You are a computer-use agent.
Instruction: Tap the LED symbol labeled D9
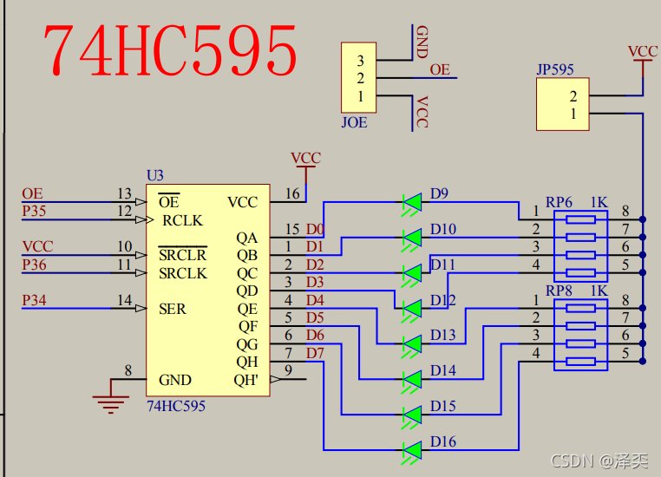pyautogui.click(x=412, y=202)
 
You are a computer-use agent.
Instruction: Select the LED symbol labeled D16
pyautogui.click(x=412, y=450)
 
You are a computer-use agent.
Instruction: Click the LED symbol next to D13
pyautogui.click(x=412, y=343)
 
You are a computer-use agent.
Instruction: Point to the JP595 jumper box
pyautogui.click(x=561, y=104)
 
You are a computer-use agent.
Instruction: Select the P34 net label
pyautogui.click(x=35, y=300)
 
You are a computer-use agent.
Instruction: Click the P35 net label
pyautogui.click(x=35, y=210)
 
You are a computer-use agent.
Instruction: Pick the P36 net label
pyautogui.click(x=35, y=265)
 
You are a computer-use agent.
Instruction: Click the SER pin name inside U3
pyautogui.click(x=172, y=309)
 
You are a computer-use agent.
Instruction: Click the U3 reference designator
pyautogui.click(x=154, y=176)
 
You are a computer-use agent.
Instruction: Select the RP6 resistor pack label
pyautogui.click(x=558, y=202)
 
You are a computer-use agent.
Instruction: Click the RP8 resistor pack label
pyautogui.click(x=558, y=291)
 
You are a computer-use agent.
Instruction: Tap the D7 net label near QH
pyautogui.click(x=315, y=353)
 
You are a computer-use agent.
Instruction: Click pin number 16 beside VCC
pyautogui.click(x=292, y=193)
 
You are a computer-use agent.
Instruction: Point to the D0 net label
pyautogui.click(x=315, y=229)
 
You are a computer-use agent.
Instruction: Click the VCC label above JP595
pyautogui.click(x=643, y=52)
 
